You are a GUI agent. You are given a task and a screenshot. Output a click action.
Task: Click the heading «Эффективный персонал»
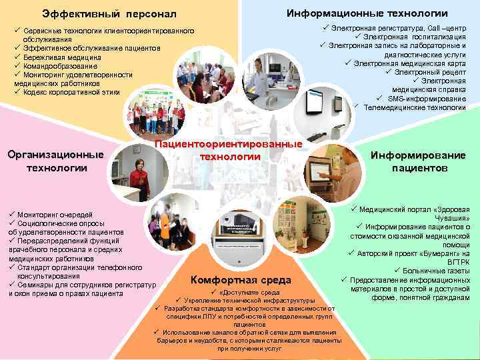point(109,13)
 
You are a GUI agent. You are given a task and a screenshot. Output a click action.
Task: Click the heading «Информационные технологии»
point(367,13)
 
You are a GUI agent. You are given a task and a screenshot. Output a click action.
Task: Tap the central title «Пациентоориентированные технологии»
point(229,150)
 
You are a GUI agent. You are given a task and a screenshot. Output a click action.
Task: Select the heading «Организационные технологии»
point(56,161)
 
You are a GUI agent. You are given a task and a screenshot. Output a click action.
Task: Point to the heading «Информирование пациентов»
point(419,161)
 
